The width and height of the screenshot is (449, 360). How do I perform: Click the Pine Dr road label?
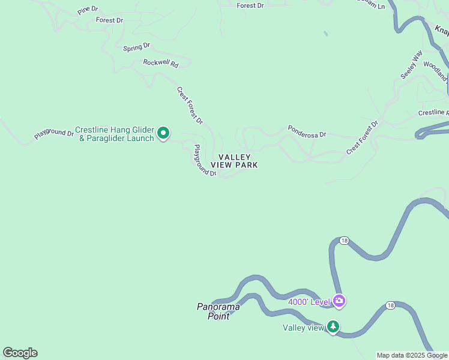(88, 11)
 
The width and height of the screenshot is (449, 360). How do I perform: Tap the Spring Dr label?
(137, 47)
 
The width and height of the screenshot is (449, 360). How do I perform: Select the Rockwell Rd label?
(161, 63)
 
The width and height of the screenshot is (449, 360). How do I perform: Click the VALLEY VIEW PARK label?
(234, 161)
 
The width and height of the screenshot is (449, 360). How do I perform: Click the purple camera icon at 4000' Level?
(339, 301)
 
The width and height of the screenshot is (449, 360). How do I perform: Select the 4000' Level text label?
(309, 302)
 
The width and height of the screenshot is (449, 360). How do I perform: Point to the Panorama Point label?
(218, 311)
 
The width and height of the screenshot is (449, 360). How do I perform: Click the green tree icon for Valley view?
(333, 327)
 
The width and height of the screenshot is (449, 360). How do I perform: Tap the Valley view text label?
(303, 328)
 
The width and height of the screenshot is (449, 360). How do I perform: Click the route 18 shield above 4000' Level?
(343, 241)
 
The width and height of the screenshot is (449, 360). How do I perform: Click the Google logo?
(20, 353)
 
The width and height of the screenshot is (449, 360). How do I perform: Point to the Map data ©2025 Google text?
(412, 355)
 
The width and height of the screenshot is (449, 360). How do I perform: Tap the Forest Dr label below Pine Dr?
(109, 20)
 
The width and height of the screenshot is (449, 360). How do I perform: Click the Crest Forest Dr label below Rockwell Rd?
(190, 106)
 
